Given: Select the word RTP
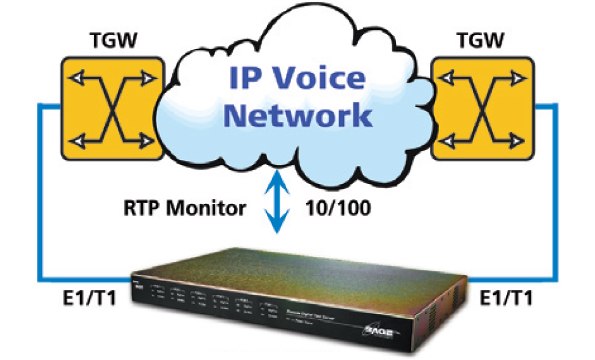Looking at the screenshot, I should pos(141,208).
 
